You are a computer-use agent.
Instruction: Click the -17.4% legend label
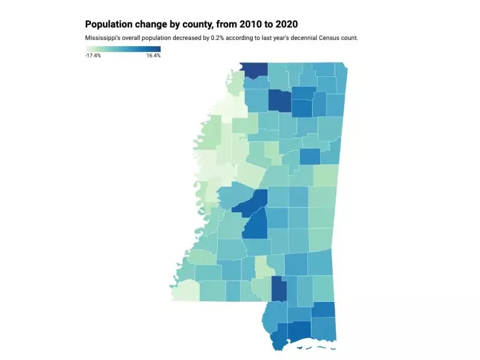tap(93, 56)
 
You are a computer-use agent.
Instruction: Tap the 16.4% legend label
tap(153, 56)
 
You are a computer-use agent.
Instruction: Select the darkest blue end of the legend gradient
tap(159, 49)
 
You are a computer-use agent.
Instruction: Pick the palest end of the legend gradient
tap(87, 49)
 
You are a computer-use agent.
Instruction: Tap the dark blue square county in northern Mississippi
tap(279, 101)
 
